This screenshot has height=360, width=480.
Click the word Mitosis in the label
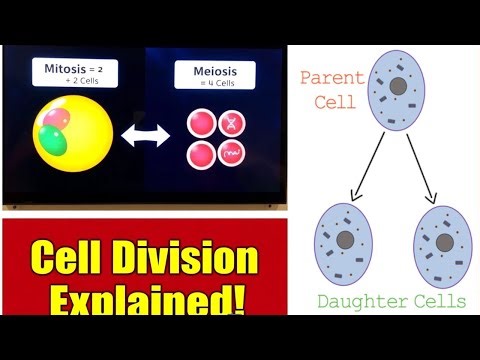point(65,69)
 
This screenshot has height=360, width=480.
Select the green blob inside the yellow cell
point(55,141)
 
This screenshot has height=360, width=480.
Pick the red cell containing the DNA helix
point(231,123)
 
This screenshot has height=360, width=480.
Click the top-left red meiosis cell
point(201,123)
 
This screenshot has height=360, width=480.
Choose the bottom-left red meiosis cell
point(201,155)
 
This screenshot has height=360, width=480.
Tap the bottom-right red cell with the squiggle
point(231,155)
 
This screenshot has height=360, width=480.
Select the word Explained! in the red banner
point(142,300)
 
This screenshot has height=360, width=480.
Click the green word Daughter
point(350,301)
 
